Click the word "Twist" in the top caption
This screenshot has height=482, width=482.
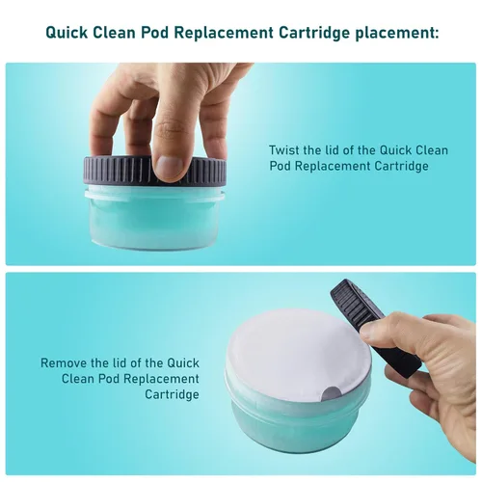pyautogui.click(x=284, y=149)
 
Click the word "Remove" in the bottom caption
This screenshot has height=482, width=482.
pyautogui.click(x=64, y=363)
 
